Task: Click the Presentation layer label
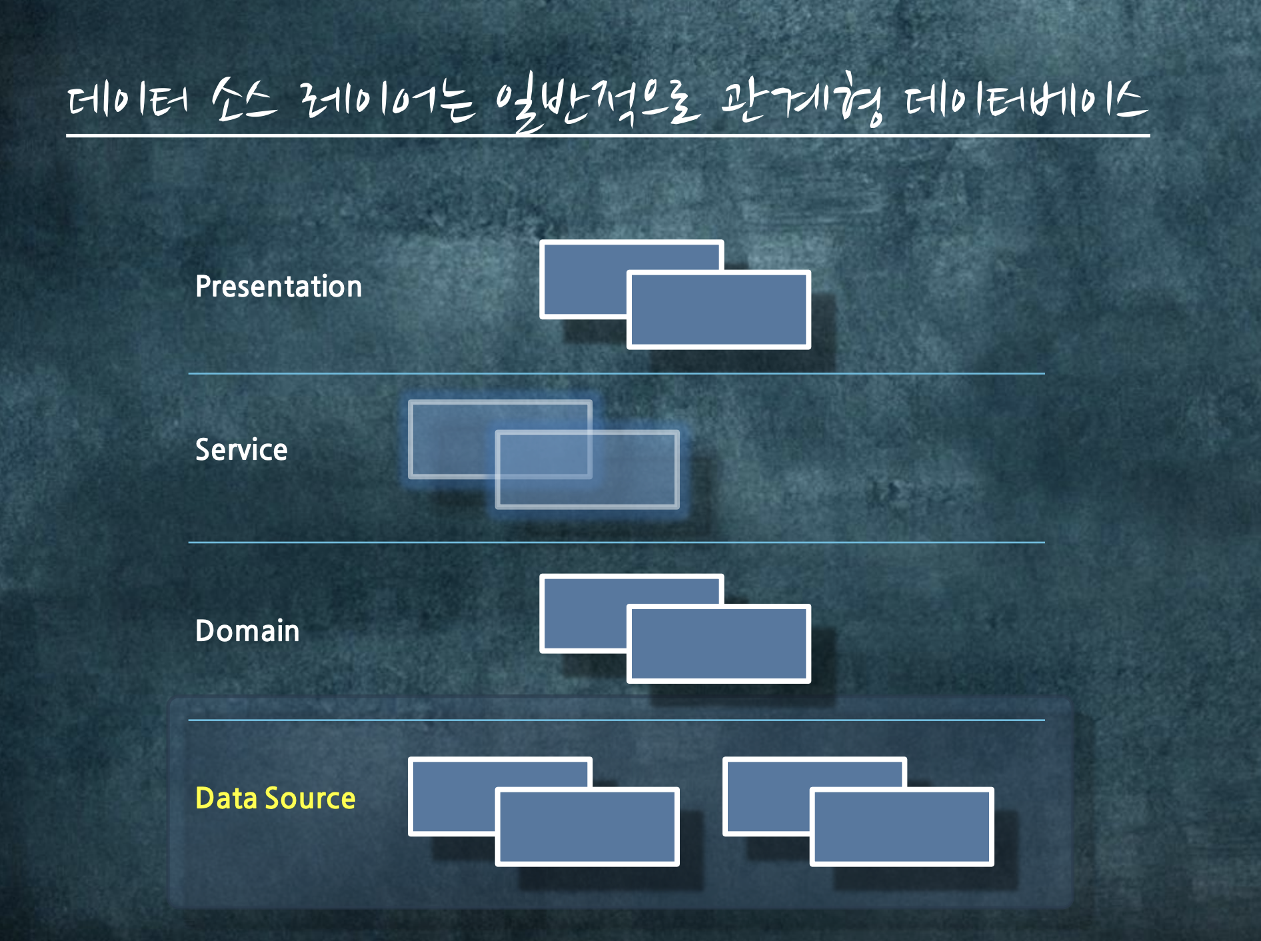(x=279, y=287)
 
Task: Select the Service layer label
(x=241, y=450)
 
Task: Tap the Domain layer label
(x=247, y=630)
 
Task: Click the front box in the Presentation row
(x=718, y=310)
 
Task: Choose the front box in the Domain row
(x=718, y=644)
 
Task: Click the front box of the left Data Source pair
(x=587, y=827)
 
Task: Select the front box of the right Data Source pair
(x=902, y=827)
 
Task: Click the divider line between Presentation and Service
(x=617, y=374)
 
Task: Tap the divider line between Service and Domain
(x=617, y=542)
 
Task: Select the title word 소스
(x=244, y=102)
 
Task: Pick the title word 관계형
(x=802, y=103)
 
